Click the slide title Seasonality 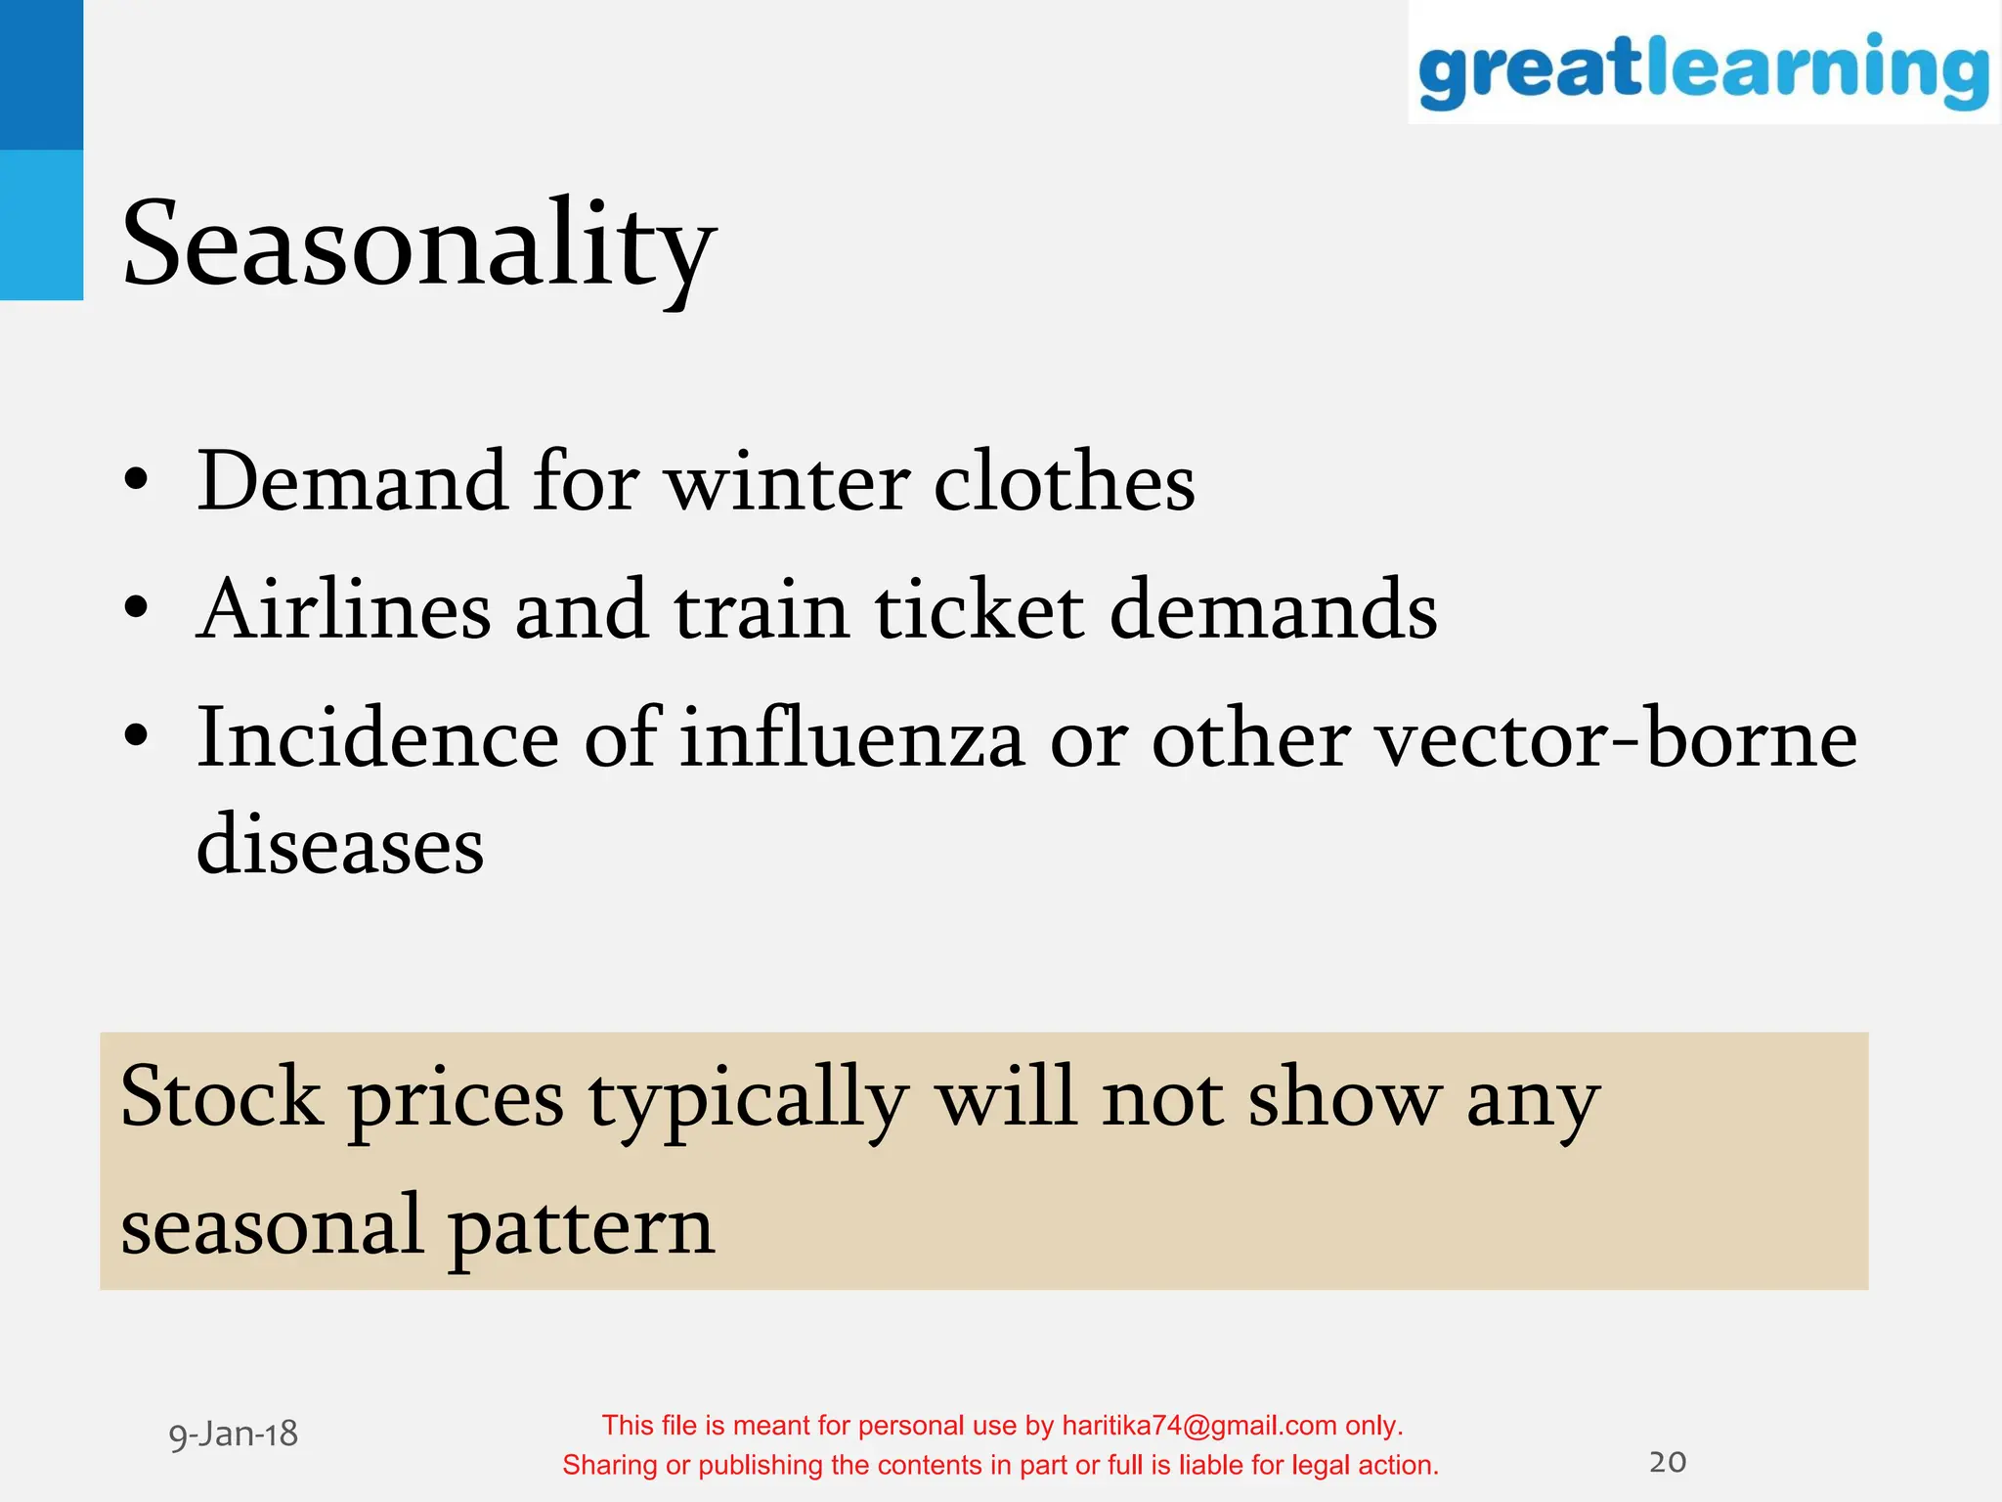pos(418,244)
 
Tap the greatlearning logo pos(1703,68)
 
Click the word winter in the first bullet pos(787,482)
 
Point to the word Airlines pos(343,610)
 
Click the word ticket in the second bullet pos(979,610)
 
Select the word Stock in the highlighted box pos(221,1097)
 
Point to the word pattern pos(582,1228)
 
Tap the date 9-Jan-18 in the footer pos(234,1435)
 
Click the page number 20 pos(1668,1462)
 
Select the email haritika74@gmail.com pos(1199,1426)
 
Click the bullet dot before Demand pos(137,480)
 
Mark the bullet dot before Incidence pos(137,735)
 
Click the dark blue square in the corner pos(41,74)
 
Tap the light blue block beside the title pos(41,225)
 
